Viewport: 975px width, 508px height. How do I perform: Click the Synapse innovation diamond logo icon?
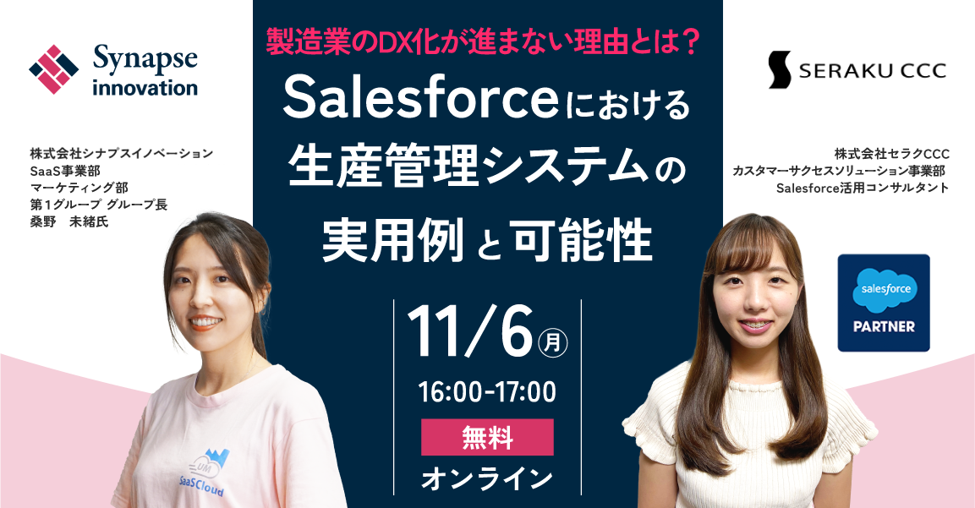click(54, 69)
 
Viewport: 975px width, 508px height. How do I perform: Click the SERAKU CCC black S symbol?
click(780, 69)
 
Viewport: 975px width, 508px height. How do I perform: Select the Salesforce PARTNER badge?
click(884, 303)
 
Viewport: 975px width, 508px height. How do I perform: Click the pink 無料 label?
click(487, 437)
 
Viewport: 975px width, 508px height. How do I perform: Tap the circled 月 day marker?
click(552, 342)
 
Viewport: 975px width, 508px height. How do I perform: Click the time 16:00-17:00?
click(487, 391)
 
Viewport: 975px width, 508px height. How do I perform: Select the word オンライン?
click(487, 478)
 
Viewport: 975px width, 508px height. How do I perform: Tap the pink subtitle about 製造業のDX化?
click(483, 43)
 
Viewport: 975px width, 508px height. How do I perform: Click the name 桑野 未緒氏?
click(69, 221)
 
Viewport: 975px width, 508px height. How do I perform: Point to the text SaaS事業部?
click(64, 171)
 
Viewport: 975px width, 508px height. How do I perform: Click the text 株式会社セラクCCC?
click(892, 154)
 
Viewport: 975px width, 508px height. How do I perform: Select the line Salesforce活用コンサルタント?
click(863, 188)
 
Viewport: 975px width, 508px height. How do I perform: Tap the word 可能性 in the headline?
click(582, 242)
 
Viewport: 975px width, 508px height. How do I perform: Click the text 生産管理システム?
click(473, 169)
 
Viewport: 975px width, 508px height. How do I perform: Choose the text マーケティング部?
click(79, 187)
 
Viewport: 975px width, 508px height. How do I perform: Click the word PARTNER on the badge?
click(884, 326)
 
